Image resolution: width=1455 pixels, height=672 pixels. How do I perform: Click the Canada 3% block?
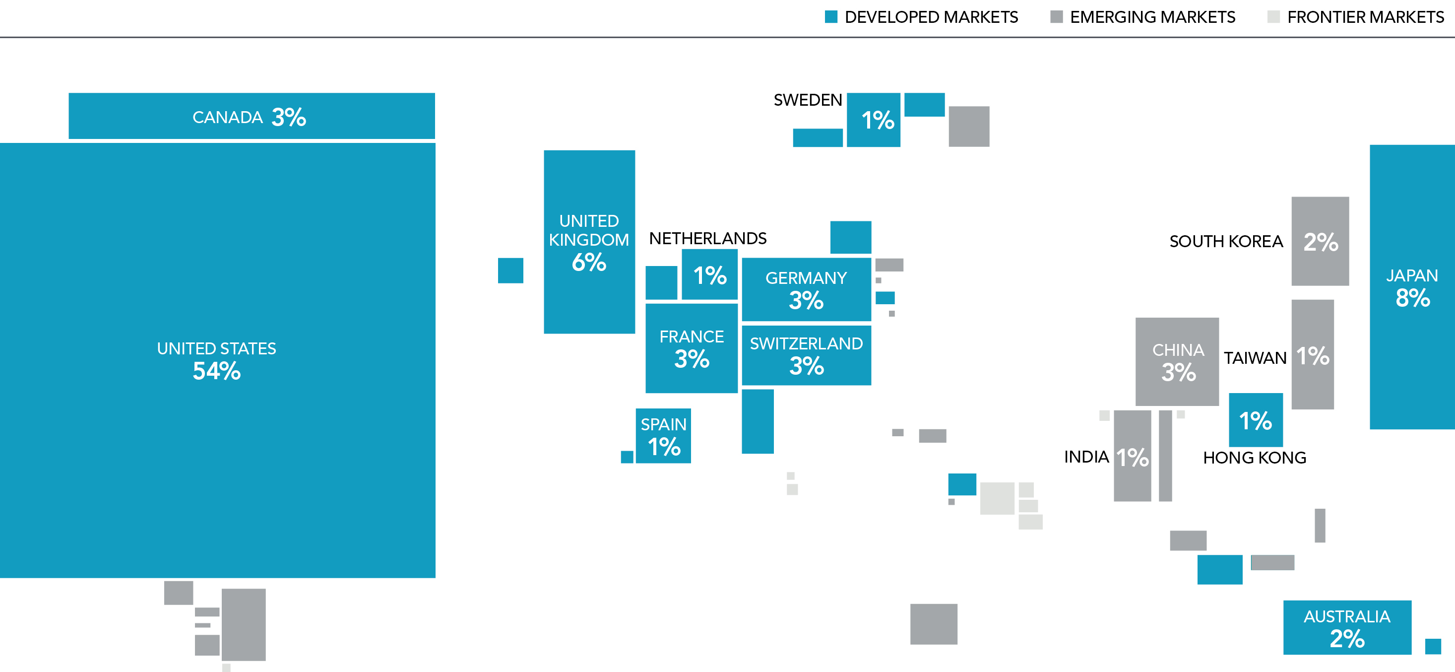252,116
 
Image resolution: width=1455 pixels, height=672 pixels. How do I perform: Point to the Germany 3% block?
806,289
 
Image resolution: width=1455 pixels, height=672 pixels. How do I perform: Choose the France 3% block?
692,348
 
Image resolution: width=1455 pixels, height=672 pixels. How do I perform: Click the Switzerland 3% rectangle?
806,355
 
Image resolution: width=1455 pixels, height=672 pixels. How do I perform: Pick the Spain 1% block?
663,436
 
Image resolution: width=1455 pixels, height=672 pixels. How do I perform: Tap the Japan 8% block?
1411,287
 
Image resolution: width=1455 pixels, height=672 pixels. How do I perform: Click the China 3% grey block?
1177,362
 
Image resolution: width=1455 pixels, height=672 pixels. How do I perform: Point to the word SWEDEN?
808,101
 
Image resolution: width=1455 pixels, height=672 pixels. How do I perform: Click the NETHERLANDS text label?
708,239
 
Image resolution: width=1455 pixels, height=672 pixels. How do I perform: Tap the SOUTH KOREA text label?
1226,242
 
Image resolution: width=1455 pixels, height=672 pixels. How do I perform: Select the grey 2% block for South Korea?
1320,241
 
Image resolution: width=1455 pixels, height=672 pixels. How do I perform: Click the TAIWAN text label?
1255,358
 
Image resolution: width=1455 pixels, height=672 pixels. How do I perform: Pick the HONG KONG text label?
1255,458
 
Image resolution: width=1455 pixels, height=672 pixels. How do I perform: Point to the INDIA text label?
1086,457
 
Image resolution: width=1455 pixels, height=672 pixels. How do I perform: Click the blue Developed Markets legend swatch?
831,17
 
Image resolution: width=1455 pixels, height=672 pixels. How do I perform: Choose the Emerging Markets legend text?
1152,17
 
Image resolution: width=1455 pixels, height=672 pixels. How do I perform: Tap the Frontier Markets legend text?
1365,17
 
